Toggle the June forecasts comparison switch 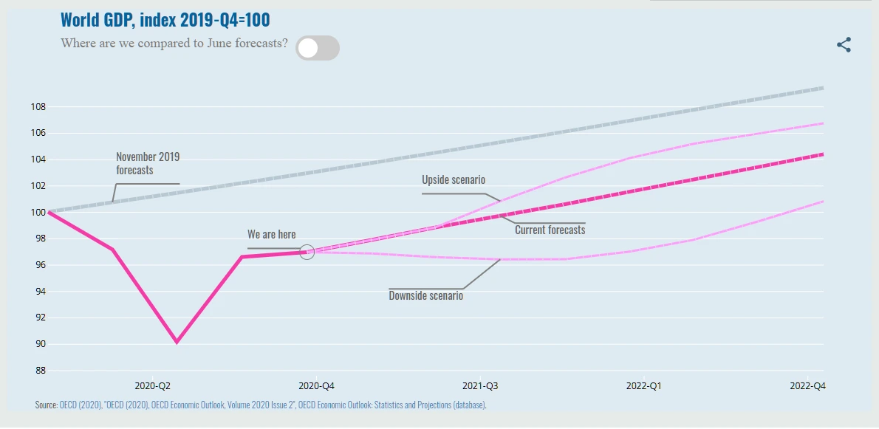pyautogui.click(x=317, y=48)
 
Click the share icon pyautogui.click(x=844, y=45)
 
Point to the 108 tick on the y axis pyautogui.click(x=38, y=107)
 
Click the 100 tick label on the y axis pyautogui.click(x=38, y=213)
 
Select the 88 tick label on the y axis pyautogui.click(x=38, y=371)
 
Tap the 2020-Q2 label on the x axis pyautogui.click(x=153, y=386)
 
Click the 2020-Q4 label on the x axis pyautogui.click(x=317, y=386)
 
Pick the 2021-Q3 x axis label pyautogui.click(x=481, y=386)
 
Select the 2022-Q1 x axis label pyautogui.click(x=645, y=386)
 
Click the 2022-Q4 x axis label pyautogui.click(x=808, y=386)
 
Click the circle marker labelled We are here pyautogui.click(x=307, y=253)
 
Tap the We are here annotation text pyautogui.click(x=271, y=235)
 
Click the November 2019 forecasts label pyautogui.click(x=147, y=163)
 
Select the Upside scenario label pyautogui.click(x=453, y=180)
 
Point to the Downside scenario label pyautogui.click(x=425, y=295)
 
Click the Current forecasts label pyautogui.click(x=550, y=230)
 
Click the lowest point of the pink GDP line pyautogui.click(x=177, y=342)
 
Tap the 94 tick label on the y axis pyautogui.click(x=38, y=292)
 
